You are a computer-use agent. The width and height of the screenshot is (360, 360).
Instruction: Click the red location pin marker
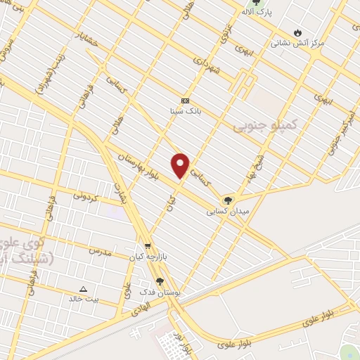click(181, 165)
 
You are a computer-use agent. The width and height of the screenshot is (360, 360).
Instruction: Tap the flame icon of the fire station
click(298, 32)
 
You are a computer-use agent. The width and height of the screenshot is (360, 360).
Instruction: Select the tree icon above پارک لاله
click(264, 3)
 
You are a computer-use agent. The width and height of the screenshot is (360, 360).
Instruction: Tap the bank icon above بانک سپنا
click(185, 101)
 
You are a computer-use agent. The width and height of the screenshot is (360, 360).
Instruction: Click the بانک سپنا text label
click(185, 111)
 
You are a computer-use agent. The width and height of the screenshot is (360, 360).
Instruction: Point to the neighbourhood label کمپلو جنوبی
click(257, 124)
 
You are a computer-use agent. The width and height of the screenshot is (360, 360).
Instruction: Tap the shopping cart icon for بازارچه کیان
click(147, 246)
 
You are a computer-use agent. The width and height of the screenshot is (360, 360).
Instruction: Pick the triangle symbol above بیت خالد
click(84, 288)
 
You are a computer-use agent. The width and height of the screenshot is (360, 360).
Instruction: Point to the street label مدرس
click(100, 250)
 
